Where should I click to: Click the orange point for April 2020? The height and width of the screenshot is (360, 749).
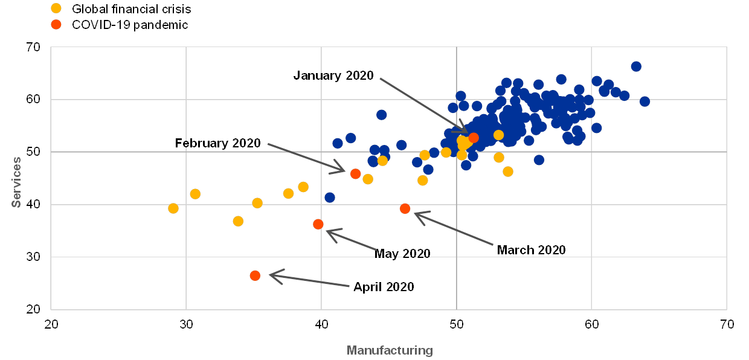pyautogui.click(x=255, y=275)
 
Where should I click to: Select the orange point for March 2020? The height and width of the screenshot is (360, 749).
pyautogui.click(x=405, y=209)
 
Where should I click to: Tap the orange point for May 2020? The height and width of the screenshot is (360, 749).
pyautogui.click(x=318, y=224)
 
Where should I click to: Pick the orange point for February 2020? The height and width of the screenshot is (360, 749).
pyautogui.click(x=355, y=174)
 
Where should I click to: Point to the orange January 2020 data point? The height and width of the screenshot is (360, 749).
pyautogui.click(x=474, y=138)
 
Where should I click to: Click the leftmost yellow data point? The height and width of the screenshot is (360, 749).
pyautogui.click(x=173, y=208)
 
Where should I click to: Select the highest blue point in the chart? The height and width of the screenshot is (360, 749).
pyautogui.click(x=636, y=66)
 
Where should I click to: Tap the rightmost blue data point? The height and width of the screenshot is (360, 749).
pyautogui.click(x=645, y=101)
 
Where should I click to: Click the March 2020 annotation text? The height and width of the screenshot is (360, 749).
pyautogui.click(x=532, y=250)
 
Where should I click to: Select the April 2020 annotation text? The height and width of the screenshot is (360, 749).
pyautogui.click(x=384, y=288)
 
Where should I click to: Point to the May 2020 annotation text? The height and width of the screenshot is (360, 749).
pyautogui.click(x=403, y=254)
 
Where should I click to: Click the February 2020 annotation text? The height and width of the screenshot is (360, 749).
pyautogui.click(x=222, y=144)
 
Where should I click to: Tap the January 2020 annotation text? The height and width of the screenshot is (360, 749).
pyautogui.click(x=333, y=76)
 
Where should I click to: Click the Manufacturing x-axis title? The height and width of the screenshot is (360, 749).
pyautogui.click(x=390, y=350)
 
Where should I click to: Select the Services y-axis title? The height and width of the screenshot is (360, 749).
pyautogui.click(x=17, y=182)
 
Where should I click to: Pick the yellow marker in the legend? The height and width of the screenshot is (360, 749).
pyautogui.click(x=56, y=8)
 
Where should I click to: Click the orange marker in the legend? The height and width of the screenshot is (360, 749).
pyautogui.click(x=56, y=25)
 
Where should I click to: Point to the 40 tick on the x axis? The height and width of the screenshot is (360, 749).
pyautogui.click(x=321, y=325)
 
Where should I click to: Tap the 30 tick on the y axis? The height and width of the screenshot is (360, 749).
pyautogui.click(x=35, y=258)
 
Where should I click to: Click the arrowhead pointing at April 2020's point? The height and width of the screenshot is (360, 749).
pyautogui.click(x=271, y=276)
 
